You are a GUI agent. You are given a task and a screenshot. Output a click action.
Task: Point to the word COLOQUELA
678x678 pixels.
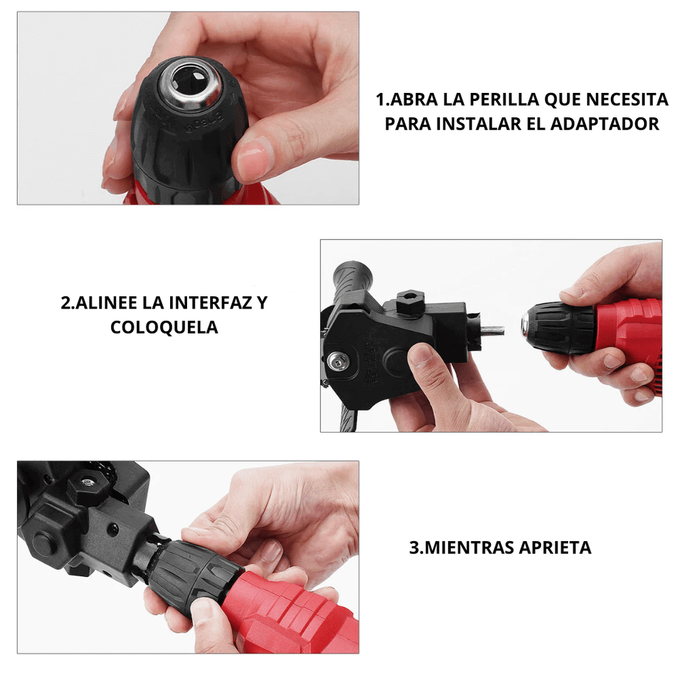[x=164, y=327]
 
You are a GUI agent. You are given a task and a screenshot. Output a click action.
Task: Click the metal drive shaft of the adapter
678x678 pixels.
[x=492, y=331]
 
